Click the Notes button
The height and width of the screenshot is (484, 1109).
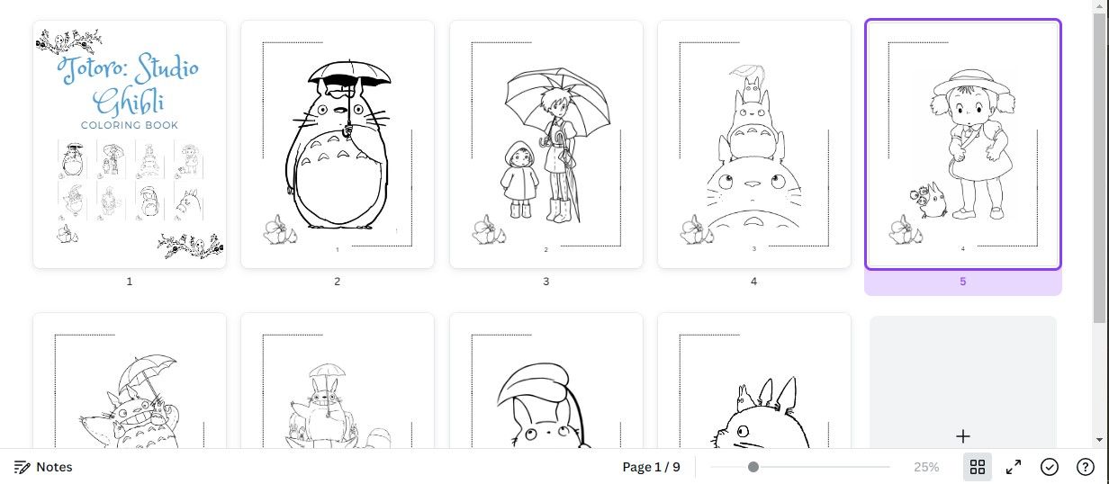point(43,467)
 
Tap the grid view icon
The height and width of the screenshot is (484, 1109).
point(977,467)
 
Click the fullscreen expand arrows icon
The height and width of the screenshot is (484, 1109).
point(1014,467)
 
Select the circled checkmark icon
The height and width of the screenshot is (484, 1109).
point(1049,467)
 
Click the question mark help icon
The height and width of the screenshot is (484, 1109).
point(1086,467)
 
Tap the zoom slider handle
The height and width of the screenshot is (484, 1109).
point(753,467)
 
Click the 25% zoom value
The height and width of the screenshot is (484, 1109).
point(926,467)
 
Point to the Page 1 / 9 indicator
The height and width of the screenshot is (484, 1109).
point(651,467)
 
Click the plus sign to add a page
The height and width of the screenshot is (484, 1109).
point(963,436)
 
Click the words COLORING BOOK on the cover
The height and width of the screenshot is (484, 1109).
point(130,125)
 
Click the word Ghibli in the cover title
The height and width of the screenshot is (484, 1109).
point(129,102)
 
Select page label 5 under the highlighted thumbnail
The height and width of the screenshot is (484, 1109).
point(963,282)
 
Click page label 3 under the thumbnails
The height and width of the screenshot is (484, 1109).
point(546,282)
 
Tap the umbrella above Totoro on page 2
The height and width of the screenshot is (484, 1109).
point(349,75)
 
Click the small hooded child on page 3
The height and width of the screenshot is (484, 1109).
point(519,179)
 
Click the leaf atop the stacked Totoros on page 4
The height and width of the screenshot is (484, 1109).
point(747,72)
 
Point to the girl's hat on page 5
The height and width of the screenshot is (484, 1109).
point(971,83)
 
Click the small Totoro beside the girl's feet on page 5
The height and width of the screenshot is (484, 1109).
point(928,200)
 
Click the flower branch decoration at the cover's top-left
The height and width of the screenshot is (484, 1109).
point(68,41)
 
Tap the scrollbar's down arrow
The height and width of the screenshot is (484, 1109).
point(1100,439)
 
